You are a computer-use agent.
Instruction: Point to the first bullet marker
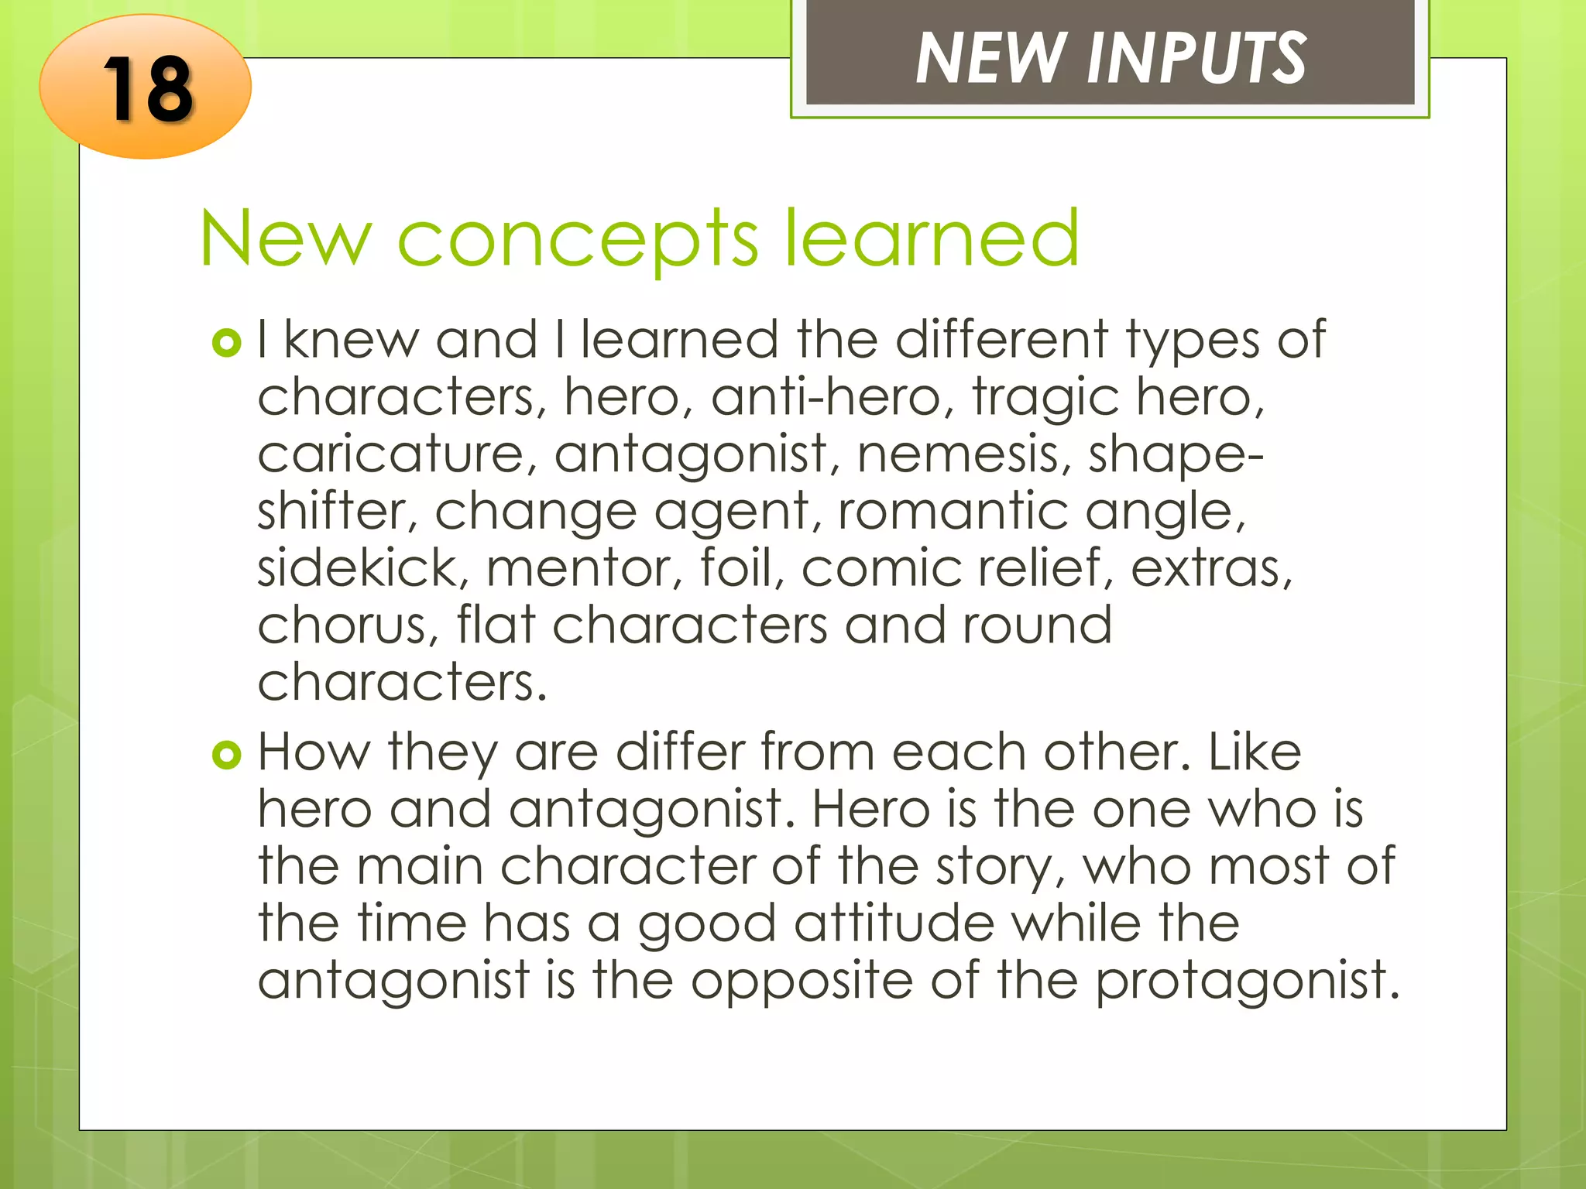[226, 343]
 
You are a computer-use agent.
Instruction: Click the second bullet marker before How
[226, 755]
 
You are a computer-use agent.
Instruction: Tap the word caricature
[391, 454]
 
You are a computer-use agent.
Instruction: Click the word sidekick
[363, 568]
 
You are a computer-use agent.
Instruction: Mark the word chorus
[342, 625]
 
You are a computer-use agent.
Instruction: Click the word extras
[1211, 568]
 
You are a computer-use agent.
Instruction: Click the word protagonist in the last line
[1247, 982]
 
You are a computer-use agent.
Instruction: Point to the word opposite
[802, 982]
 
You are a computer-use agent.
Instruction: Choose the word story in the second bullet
[999, 868]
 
